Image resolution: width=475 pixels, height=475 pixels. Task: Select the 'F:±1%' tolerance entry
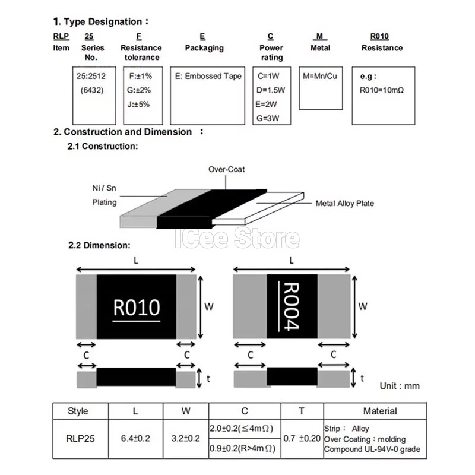click(140, 77)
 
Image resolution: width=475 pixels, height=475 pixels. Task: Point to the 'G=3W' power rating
click(269, 118)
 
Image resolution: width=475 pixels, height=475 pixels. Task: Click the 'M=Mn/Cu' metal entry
click(320, 77)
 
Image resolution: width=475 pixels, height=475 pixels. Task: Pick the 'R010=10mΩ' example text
click(382, 91)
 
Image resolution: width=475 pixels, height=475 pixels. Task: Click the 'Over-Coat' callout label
click(226, 169)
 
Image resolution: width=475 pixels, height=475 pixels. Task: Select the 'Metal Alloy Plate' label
click(344, 204)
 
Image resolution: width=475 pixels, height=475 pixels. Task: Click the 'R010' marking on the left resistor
click(137, 308)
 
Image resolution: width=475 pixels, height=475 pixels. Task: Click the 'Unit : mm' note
click(399, 386)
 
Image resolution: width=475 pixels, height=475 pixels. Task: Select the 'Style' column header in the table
click(78, 411)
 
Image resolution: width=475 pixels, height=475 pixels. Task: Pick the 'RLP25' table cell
click(78, 439)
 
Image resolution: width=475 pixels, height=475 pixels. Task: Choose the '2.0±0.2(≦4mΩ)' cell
click(244, 429)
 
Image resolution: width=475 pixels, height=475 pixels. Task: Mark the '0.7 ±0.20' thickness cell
click(301, 438)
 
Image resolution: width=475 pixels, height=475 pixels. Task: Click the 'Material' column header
click(380, 411)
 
